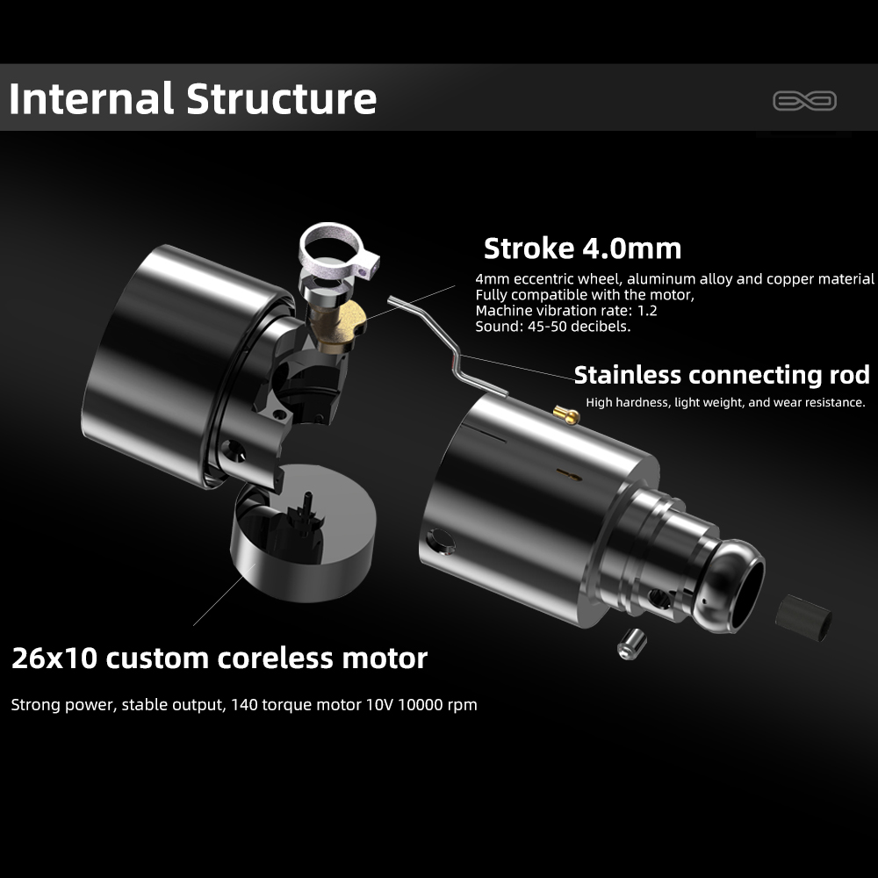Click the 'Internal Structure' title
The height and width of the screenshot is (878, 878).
point(192,98)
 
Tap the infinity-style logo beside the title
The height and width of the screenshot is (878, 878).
point(804,101)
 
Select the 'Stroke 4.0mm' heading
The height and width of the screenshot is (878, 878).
point(582,248)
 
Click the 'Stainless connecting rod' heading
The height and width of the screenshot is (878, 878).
point(722,375)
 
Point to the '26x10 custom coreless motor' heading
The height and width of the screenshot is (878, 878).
point(219,658)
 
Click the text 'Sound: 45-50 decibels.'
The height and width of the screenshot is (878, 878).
point(552,327)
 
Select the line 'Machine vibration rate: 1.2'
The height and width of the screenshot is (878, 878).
point(566,311)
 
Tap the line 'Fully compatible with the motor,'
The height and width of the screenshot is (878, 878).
point(585,295)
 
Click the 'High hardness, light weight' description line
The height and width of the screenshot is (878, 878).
point(725,403)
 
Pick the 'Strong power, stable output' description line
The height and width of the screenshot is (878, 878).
point(244,704)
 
